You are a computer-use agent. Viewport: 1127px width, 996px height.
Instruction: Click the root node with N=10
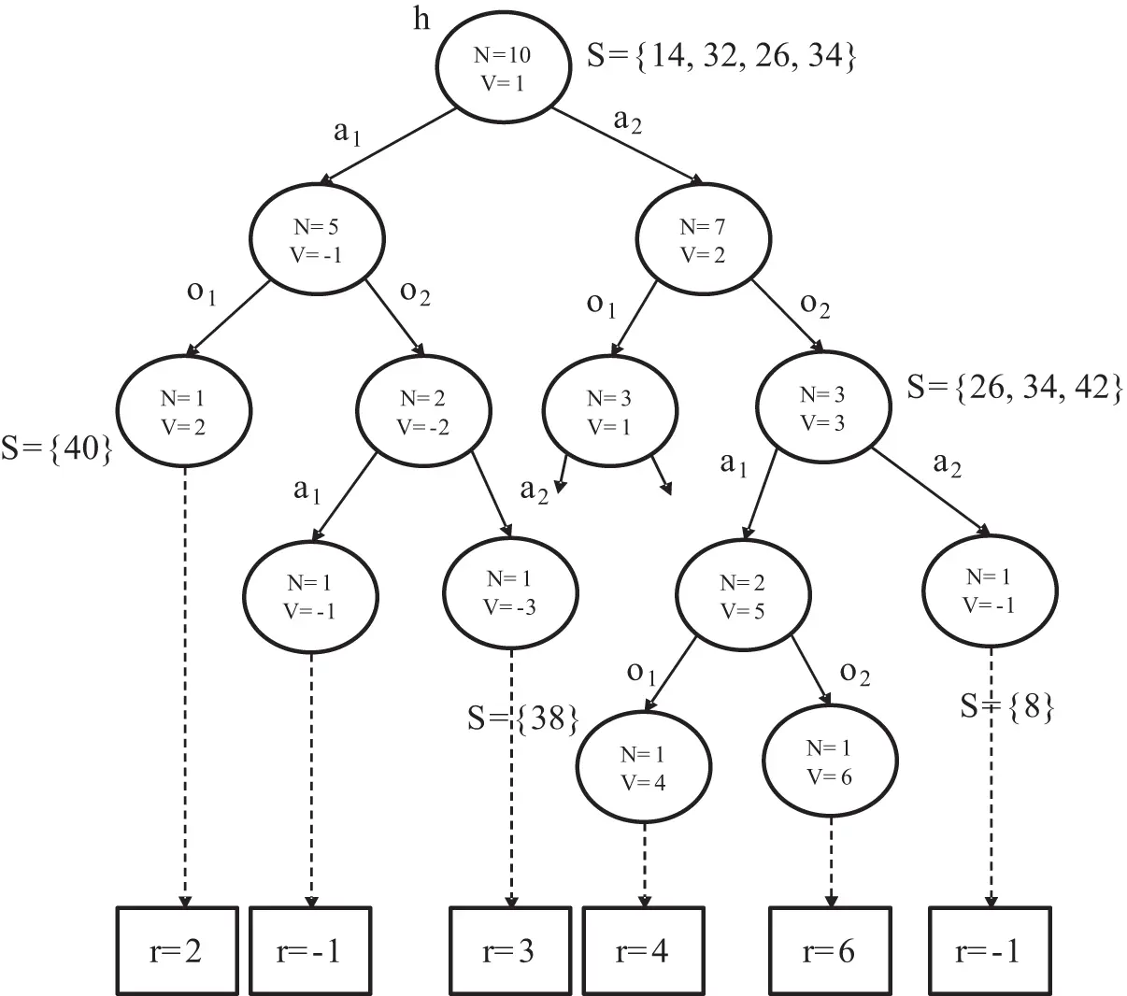[x=504, y=67]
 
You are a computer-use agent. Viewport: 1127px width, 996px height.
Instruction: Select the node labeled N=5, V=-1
[x=317, y=239]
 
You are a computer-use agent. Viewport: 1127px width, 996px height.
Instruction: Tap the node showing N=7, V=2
[x=703, y=239]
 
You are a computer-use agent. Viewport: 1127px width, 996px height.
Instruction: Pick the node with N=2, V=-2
[x=423, y=411]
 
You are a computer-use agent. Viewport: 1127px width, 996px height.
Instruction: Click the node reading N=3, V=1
[x=609, y=411]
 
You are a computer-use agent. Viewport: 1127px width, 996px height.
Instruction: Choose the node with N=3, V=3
[x=823, y=407]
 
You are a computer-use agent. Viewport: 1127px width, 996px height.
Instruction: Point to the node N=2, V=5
[x=743, y=595]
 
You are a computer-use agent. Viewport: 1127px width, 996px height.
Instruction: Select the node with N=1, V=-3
[x=510, y=592]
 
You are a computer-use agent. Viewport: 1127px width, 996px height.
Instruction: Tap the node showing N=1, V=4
[x=644, y=767]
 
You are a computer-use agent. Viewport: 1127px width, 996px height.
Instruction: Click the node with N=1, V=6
[x=830, y=761]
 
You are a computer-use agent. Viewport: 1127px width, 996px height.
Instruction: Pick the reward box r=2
[x=178, y=950]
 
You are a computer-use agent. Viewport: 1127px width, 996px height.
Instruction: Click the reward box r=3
[x=510, y=950]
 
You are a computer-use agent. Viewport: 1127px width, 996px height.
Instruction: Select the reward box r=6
[x=830, y=950]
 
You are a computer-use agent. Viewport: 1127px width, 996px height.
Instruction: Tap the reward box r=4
[x=644, y=950]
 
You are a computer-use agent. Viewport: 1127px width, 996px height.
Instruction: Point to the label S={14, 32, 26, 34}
[x=721, y=57]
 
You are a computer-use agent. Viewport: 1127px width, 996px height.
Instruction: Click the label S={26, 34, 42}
[x=1015, y=387]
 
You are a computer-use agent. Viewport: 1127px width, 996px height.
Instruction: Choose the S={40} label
[x=57, y=448]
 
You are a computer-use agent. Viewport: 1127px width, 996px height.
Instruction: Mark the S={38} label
[x=523, y=719]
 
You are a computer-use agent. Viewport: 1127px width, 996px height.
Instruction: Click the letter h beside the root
[x=421, y=20]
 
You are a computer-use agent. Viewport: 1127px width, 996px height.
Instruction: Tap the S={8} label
[x=1007, y=706]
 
